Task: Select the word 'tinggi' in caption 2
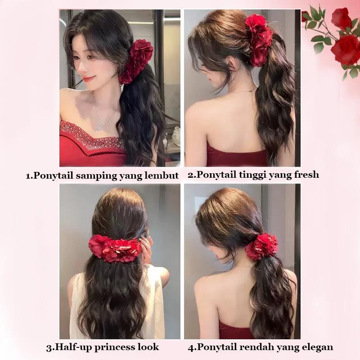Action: point(252,175)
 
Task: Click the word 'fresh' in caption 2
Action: point(306,175)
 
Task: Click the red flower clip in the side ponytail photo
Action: point(137,61)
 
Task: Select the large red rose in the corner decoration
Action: point(345,50)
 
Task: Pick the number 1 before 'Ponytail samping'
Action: point(28,176)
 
